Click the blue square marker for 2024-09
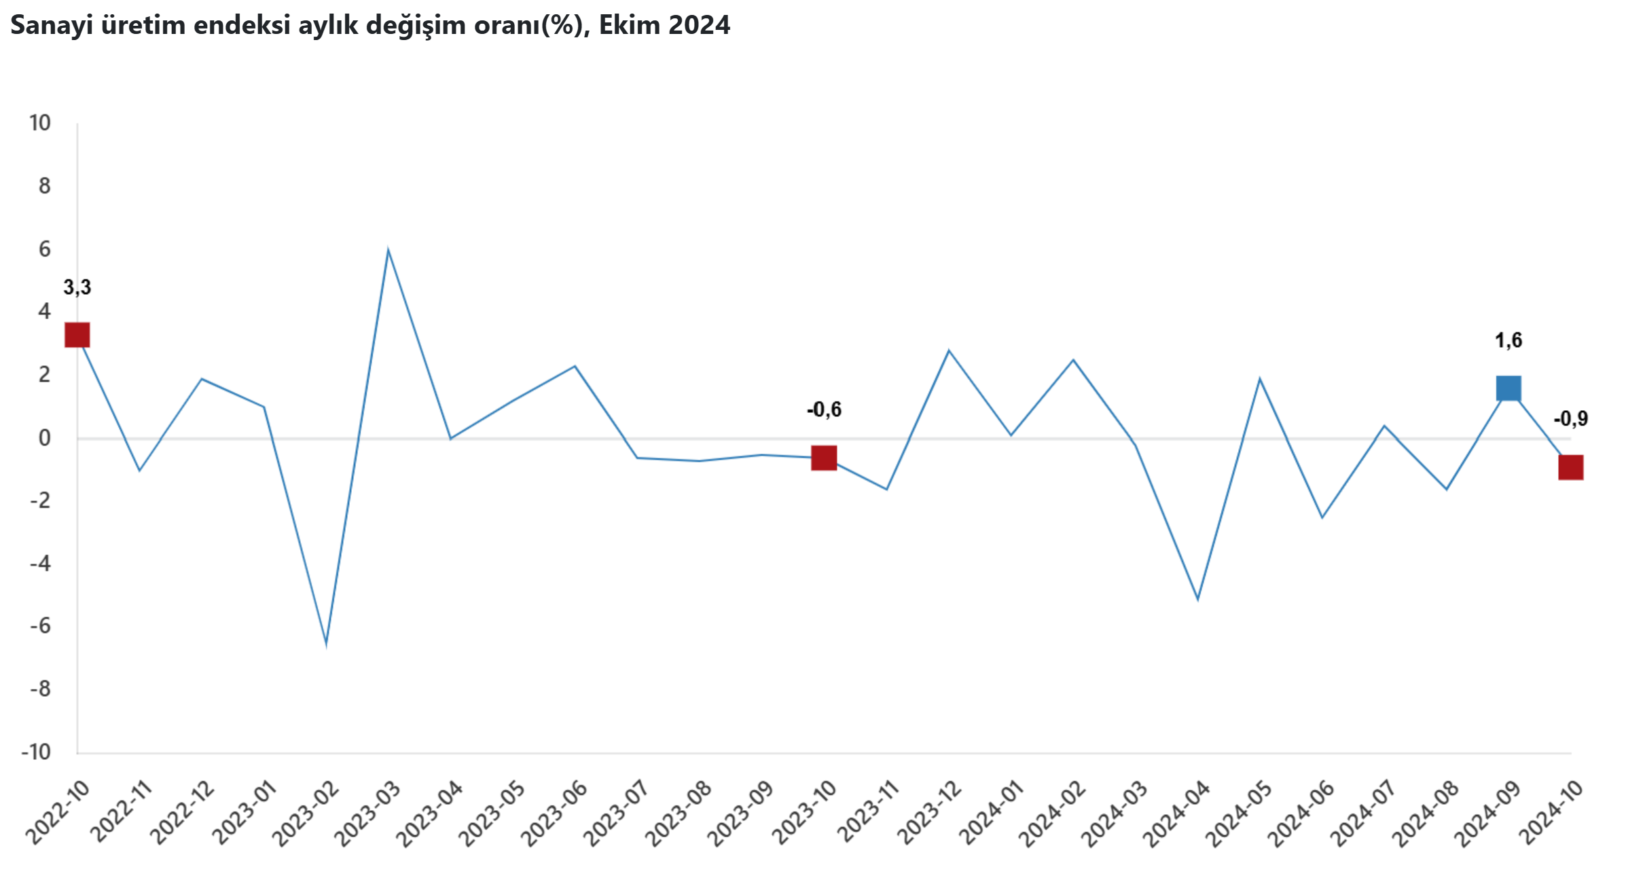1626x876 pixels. click(1508, 388)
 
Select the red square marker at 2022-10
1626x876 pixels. click(77, 335)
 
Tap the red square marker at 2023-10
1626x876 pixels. click(824, 458)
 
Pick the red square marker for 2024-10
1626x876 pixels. click(1570, 467)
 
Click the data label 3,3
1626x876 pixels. click(77, 287)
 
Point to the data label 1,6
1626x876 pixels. click(1508, 340)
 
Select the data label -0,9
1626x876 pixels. click(1570, 419)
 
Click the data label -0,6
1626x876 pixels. click(824, 409)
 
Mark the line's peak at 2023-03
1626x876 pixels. click(388, 250)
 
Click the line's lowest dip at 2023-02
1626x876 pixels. click(326, 643)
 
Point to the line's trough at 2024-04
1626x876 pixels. click(1197, 599)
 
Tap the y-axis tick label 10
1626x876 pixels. click(40, 123)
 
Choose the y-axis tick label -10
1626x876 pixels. click(37, 752)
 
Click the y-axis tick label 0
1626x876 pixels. click(44, 438)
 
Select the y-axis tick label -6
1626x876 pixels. click(40, 626)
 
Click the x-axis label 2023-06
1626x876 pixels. click(554, 813)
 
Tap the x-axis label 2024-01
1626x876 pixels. click(990, 813)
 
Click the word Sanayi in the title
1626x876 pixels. click(52, 25)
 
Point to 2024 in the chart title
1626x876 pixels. click(699, 25)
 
